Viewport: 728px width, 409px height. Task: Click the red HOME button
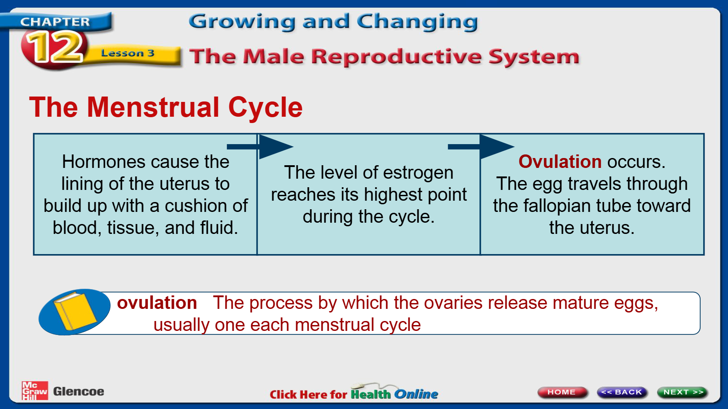562,392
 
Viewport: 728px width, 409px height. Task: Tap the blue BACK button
622,392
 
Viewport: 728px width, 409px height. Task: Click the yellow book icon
75,311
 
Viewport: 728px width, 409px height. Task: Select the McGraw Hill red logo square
35,391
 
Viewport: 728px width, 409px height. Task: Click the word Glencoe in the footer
79,391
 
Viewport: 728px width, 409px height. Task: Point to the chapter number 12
55,48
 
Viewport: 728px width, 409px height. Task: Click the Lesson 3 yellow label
128,53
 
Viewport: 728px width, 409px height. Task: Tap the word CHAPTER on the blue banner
55,22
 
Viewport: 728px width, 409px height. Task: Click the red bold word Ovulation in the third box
560,161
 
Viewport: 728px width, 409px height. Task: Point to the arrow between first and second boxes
260,147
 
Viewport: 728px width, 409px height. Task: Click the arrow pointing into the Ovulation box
481,147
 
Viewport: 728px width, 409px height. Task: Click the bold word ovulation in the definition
157,303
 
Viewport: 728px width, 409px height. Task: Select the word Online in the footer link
416,394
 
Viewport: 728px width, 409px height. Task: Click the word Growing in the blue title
242,22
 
